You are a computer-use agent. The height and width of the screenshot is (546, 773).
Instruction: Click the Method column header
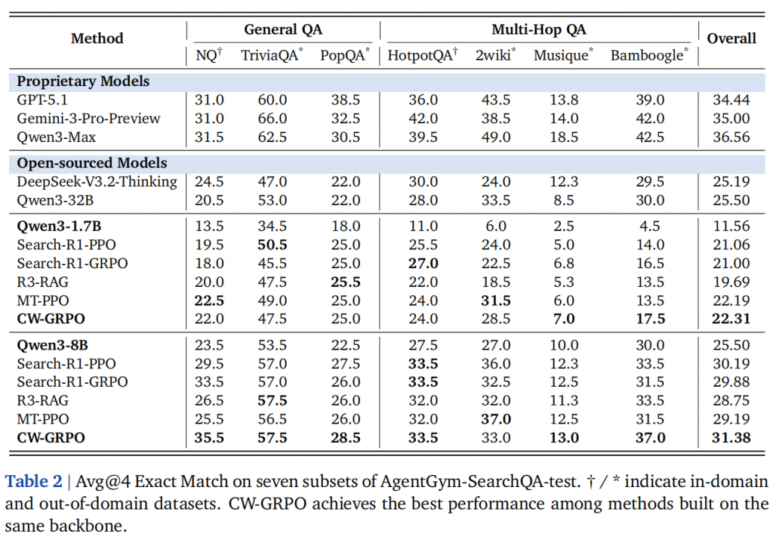[97, 39]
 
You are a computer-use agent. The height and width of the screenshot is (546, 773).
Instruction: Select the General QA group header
[282, 29]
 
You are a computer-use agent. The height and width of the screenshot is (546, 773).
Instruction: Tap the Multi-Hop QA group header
[538, 29]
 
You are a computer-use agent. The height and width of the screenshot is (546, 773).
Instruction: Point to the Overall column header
[731, 39]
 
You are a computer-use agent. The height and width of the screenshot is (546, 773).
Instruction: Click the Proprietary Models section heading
[84, 81]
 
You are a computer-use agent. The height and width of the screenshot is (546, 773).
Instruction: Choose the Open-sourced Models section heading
[92, 162]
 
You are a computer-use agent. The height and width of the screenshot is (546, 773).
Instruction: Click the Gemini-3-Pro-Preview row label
[89, 118]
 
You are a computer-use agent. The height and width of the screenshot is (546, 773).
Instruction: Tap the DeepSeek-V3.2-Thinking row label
[97, 181]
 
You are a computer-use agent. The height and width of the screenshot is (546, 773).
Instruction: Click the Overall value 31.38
[731, 437]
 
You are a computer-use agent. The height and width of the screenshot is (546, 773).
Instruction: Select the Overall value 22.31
[731, 319]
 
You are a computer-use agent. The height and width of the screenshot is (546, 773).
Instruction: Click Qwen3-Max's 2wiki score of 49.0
[495, 137]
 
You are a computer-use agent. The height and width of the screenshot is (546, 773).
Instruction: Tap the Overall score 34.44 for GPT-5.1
[731, 100]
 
